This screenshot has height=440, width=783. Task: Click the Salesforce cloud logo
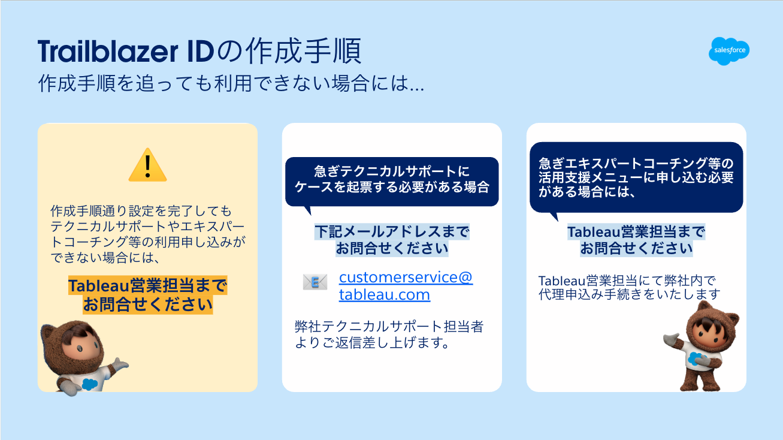tap(728, 50)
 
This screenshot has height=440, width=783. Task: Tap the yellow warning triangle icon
tap(147, 165)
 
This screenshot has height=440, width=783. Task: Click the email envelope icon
tap(315, 282)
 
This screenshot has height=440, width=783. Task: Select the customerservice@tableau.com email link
tap(406, 286)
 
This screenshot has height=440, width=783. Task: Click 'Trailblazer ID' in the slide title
tap(125, 53)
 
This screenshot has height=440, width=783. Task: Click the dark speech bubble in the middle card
tap(392, 179)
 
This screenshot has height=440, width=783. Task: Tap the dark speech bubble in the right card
tap(636, 177)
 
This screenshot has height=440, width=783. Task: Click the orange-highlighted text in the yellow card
tap(147, 295)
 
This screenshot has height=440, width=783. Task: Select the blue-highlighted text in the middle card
tap(392, 240)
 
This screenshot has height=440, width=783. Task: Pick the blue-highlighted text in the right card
tap(636, 240)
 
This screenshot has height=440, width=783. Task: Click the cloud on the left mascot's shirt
tap(90, 384)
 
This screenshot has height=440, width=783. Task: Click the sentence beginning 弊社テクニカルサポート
tap(389, 335)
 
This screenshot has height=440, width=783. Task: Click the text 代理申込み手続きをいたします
tap(629, 294)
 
